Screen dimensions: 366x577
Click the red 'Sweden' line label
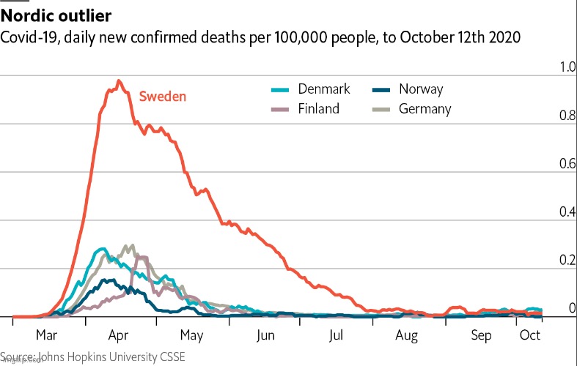click(x=163, y=96)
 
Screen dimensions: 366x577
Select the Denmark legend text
click(x=324, y=89)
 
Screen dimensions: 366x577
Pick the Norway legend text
click(x=421, y=89)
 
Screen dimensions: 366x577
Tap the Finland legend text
click(x=318, y=109)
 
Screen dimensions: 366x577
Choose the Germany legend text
click(x=425, y=109)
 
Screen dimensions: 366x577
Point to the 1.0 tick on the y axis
click(x=548, y=67)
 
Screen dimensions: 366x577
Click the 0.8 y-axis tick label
click(x=548, y=116)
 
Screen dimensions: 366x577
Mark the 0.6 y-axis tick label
click(x=548, y=164)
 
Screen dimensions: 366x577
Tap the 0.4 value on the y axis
click(x=548, y=212)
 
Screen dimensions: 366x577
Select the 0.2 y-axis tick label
click(x=548, y=261)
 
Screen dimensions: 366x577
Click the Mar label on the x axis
click(x=46, y=336)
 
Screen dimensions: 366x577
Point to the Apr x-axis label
click(x=118, y=336)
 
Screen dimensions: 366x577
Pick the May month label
click(x=191, y=336)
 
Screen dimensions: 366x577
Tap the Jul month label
click(x=337, y=336)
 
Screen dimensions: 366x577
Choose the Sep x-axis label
click(x=482, y=336)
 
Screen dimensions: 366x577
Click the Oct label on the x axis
click(x=530, y=336)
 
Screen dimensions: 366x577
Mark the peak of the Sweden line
click(x=119, y=81)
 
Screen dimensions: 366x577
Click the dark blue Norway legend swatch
click(x=382, y=90)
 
